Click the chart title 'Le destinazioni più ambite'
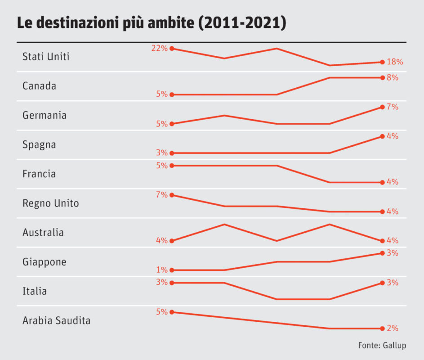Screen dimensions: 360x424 click(x=152, y=23)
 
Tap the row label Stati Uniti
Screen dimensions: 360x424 click(x=46, y=57)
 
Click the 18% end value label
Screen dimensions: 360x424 click(x=395, y=62)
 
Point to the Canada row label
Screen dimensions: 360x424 click(x=39, y=86)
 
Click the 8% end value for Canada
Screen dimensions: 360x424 click(x=393, y=77)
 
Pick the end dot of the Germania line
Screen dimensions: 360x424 click(x=382, y=107)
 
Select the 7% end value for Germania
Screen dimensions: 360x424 click(x=393, y=107)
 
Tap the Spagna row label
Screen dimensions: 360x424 click(x=39, y=145)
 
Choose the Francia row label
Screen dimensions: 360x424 click(x=39, y=174)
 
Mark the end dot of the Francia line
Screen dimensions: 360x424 click(x=382, y=182)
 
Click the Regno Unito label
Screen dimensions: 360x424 click(x=50, y=203)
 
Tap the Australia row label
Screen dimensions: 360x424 click(x=43, y=233)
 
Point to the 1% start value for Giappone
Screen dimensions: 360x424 click(x=162, y=270)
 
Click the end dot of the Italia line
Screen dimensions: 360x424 click(x=382, y=283)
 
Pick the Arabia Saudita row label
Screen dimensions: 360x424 click(x=56, y=321)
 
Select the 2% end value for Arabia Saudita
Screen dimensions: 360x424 click(x=393, y=328)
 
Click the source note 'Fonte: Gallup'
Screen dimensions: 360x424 click(x=382, y=346)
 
